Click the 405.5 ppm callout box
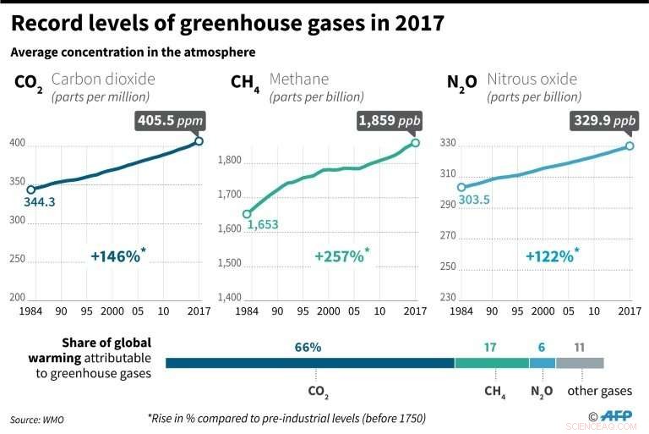click(170, 121)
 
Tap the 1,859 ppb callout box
click(390, 121)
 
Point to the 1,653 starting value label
click(262, 225)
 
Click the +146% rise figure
click(117, 255)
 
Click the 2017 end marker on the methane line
click(415, 142)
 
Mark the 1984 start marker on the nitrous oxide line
click(461, 187)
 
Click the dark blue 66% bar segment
click(309, 363)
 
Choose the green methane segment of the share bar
click(491, 363)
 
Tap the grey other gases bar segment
click(580, 363)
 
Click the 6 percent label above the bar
click(542, 347)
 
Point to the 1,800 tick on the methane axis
click(230, 161)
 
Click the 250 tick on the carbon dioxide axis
click(16, 259)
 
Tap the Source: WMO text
click(36, 419)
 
